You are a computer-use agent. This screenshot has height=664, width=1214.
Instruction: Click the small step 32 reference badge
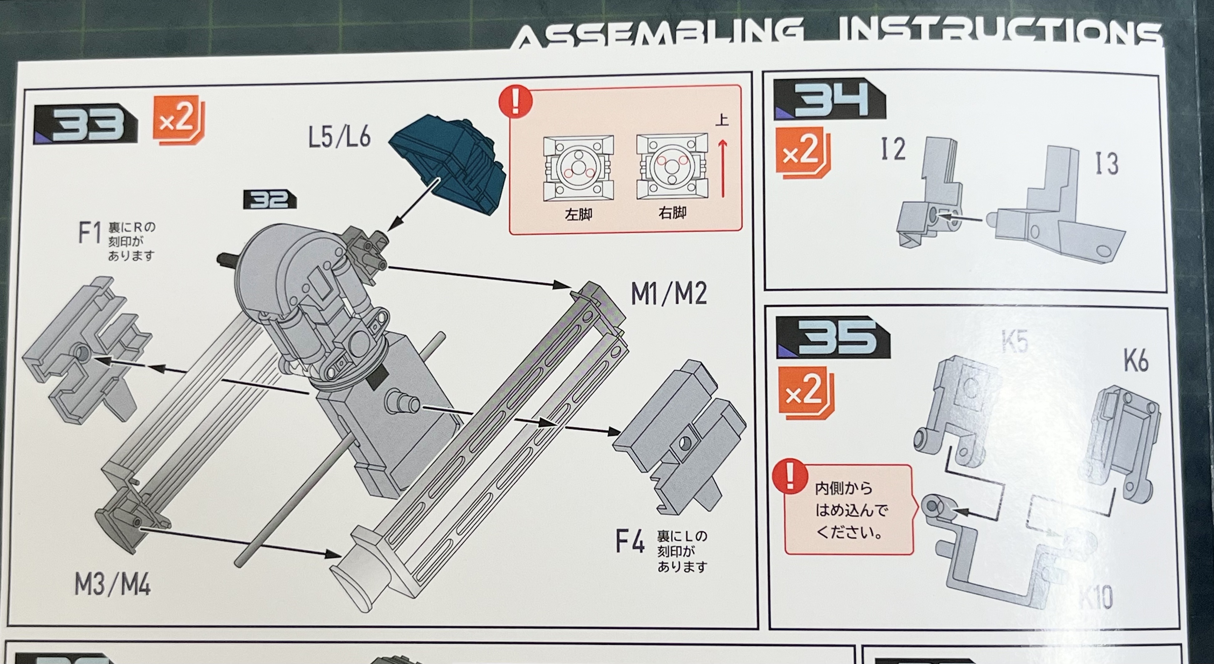tap(269, 200)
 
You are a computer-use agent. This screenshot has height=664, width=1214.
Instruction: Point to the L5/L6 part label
tap(339, 137)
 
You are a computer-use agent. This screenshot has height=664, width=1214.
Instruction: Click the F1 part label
tap(90, 233)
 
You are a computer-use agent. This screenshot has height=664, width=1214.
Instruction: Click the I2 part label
tap(892, 150)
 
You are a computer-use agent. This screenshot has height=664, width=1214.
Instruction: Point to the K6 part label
tap(1136, 361)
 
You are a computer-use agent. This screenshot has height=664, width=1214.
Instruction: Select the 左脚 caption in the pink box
tap(578, 215)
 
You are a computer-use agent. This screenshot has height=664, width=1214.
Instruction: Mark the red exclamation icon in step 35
tap(790, 476)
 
